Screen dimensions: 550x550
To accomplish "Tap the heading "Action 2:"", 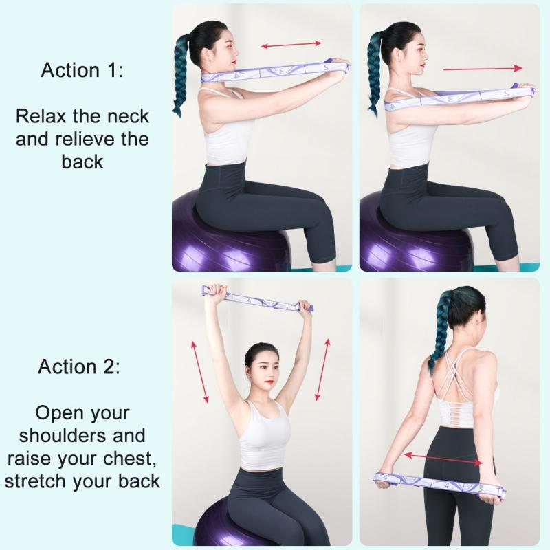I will click(x=79, y=366).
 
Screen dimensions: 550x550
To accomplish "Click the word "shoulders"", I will click(x=82, y=435).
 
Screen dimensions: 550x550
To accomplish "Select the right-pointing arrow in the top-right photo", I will click(x=482, y=69).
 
